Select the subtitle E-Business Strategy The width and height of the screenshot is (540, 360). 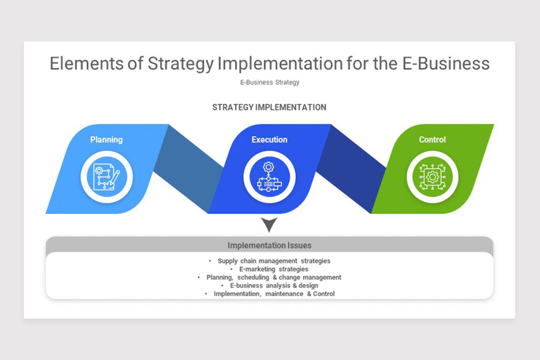coord(270,82)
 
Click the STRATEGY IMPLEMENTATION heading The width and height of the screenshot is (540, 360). coord(269,108)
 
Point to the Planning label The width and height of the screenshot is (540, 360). coord(106,139)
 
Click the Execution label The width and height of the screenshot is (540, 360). coord(269,139)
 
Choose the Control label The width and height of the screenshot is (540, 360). coord(432,139)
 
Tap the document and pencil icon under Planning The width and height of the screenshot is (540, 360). coord(106,177)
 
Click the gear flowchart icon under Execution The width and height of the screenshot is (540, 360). coord(269,177)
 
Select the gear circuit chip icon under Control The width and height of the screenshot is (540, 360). coord(432,177)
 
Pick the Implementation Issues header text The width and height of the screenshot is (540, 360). coord(269,246)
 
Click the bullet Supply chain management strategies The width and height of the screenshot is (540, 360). coord(274,261)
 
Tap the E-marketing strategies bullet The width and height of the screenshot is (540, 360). coord(274,269)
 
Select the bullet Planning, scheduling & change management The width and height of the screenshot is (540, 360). coord(274,277)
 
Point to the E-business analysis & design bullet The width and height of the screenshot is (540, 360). coord(274,285)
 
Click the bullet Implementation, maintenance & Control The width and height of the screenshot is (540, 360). coord(274,294)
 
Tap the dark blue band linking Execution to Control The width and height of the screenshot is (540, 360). coord(351,169)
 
